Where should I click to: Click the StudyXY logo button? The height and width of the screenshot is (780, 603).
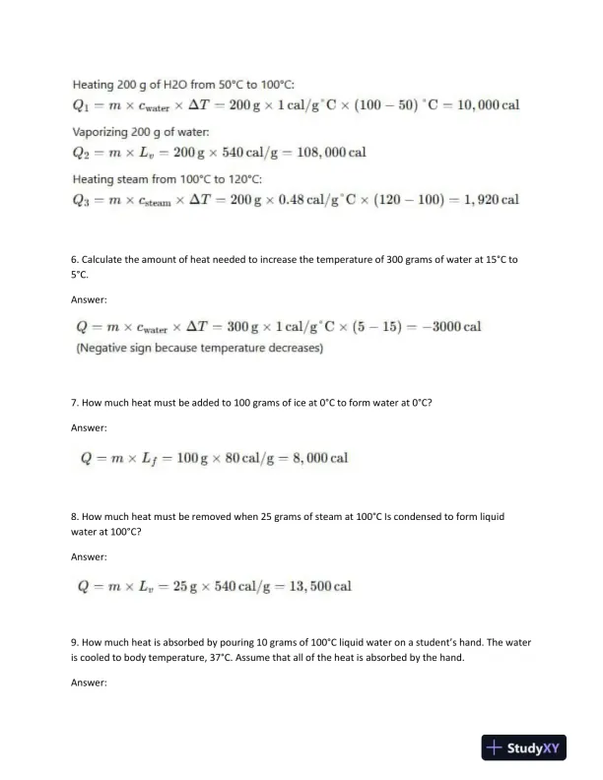pos(522,747)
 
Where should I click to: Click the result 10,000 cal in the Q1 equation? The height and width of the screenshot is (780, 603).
pos(483,106)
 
